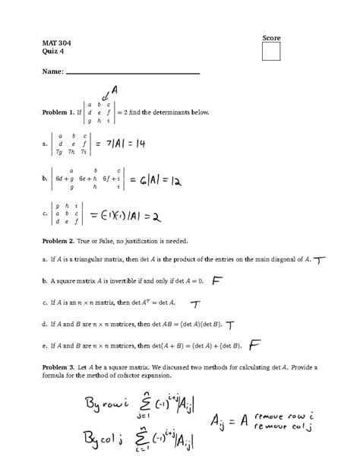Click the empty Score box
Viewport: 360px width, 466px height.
(x=271, y=51)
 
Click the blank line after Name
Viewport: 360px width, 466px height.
(x=133, y=73)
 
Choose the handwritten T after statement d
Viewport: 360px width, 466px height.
(x=229, y=325)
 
